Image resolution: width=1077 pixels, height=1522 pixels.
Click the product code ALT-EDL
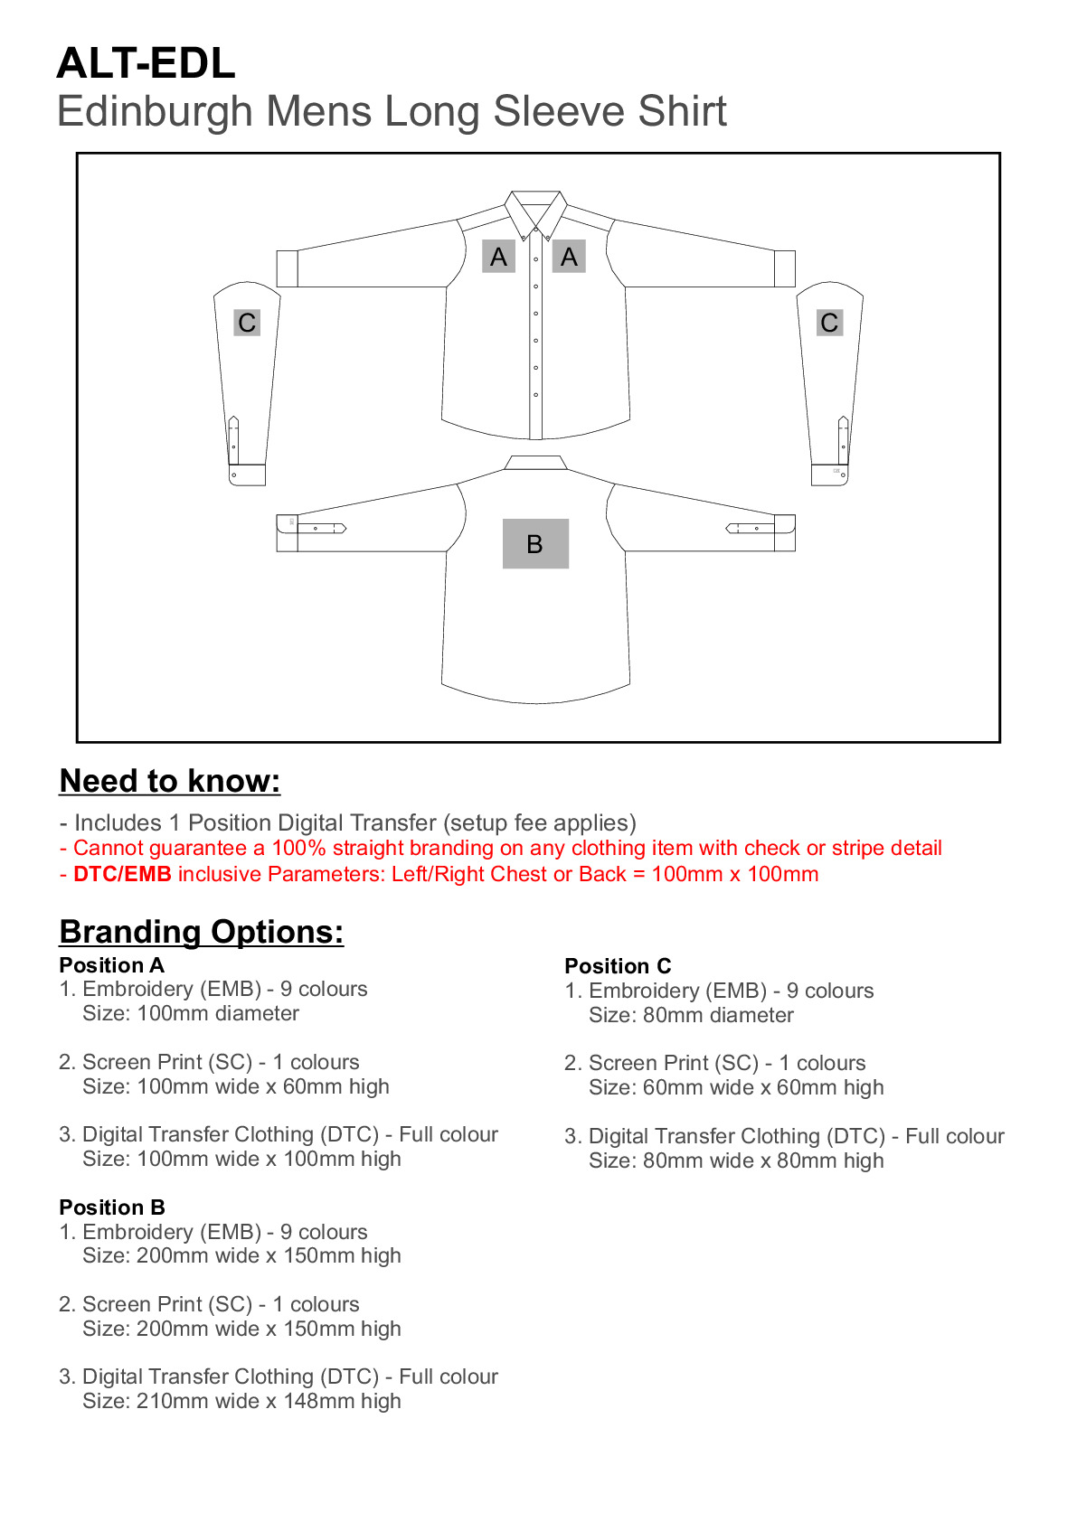pyautogui.click(x=146, y=64)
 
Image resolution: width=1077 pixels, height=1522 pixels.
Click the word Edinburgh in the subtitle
pyautogui.click(x=154, y=112)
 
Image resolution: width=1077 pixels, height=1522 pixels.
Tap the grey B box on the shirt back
pyautogui.click(x=535, y=543)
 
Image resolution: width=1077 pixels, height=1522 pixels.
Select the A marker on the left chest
pyautogui.click(x=498, y=257)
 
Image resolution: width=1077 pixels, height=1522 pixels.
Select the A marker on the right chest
pyautogui.click(x=569, y=257)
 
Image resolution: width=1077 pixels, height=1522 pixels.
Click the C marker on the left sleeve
pyautogui.click(x=247, y=323)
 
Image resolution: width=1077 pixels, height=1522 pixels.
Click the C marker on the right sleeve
pyautogui.click(x=829, y=323)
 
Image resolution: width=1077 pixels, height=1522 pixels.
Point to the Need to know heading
pyautogui.click(x=170, y=781)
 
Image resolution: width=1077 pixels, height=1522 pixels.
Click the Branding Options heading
pyautogui.click(x=202, y=932)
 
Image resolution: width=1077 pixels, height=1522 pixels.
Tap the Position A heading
pyautogui.click(x=112, y=965)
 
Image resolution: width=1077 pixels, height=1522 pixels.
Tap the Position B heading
pyautogui.click(x=112, y=1207)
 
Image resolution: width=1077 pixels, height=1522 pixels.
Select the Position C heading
pyautogui.click(x=618, y=966)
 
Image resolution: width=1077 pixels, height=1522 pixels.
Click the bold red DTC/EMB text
pyautogui.click(x=122, y=874)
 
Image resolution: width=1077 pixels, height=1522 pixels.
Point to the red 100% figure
pyautogui.click(x=298, y=848)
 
